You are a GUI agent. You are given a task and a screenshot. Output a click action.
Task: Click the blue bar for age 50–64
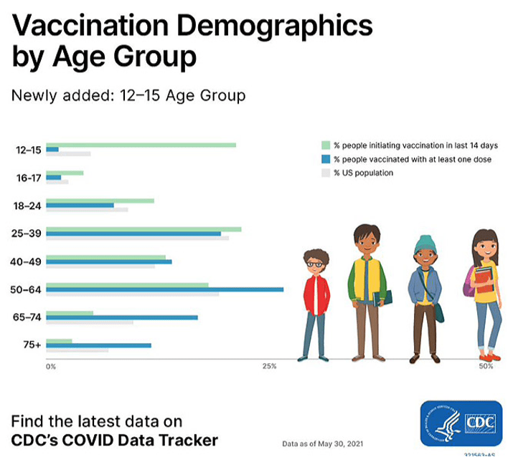[x=164, y=289]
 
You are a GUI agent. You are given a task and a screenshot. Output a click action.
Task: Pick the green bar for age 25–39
[x=144, y=228]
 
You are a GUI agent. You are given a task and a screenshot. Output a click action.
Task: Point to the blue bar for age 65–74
[x=121, y=317]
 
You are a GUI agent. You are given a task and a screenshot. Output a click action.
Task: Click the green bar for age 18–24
[x=100, y=201]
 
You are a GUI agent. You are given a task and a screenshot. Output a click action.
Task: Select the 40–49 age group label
[x=28, y=261]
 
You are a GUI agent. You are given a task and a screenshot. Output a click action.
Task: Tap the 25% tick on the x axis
[x=269, y=367]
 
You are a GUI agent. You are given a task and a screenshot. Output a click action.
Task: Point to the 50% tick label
[x=486, y=367]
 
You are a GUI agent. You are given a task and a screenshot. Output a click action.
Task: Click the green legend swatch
[x=326, y=145]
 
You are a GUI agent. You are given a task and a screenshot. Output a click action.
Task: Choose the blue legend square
[x=326, y=159]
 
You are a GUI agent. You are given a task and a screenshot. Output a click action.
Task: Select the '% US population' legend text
[x=363, y=173]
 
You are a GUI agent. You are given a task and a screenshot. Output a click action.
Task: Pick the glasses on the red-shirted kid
[x=314, y=264]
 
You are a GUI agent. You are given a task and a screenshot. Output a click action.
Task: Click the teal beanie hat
[x=424, y=244]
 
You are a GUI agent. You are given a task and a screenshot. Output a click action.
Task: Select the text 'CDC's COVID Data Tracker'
[x=114, y=439]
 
